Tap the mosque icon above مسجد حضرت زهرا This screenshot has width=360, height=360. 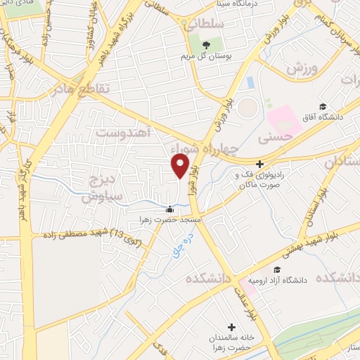pyautogui.click(x=169, y=209)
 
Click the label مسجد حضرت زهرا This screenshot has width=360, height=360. pyautogui.click(x=169, y=219)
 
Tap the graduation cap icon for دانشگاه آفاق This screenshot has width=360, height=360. pyautogui.click(x=322, y=107)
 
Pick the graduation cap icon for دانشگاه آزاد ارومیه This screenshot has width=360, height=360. pyautogui.click(x=277, y=270)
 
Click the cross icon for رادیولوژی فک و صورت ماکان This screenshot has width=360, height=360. pyautogui.click(x=259, y=163)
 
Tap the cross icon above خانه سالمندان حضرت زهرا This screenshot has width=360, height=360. pyautogui.click(x=231, y=327)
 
